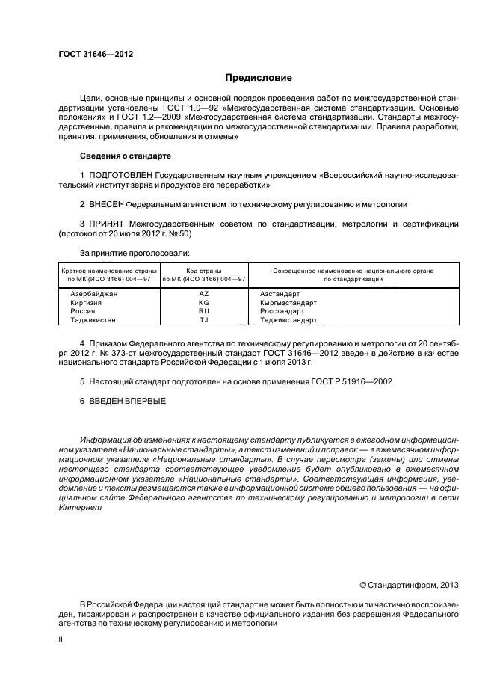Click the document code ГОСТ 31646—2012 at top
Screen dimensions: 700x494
90,54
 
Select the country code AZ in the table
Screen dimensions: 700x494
203,295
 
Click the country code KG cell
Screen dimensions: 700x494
203,303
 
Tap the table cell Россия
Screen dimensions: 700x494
83,311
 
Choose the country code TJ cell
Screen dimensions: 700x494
203,320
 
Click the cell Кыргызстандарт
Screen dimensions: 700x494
288,303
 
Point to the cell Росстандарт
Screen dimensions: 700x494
282,311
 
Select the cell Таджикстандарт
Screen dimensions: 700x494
288,320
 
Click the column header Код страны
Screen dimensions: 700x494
203,270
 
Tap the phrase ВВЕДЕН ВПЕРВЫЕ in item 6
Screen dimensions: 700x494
127,401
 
